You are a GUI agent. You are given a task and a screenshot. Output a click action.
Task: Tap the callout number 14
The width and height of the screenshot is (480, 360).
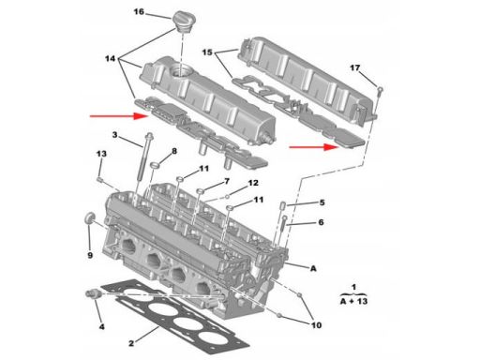point(110,58)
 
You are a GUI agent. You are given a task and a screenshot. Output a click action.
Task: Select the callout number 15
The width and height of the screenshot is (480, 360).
point(207,52)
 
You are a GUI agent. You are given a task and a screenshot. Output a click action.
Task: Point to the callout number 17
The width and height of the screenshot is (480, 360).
point(354,67)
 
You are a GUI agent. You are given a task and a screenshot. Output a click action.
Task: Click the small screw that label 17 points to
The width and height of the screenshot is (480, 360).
point(380,91)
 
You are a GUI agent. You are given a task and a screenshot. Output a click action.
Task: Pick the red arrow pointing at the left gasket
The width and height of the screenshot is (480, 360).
point(119,116)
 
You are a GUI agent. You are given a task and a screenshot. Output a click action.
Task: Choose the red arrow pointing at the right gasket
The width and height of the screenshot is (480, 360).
point(314,147)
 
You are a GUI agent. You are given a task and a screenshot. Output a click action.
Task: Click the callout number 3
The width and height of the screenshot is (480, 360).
point(114,135)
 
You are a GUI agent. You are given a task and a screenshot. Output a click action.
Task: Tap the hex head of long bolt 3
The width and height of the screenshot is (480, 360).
point(150,136)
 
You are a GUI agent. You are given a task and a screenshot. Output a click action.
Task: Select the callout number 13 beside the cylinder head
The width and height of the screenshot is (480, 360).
point(101,154)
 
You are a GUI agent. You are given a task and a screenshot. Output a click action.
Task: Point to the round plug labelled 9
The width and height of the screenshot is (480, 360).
point(90,217)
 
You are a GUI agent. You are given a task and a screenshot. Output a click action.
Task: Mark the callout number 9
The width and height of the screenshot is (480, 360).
point(90,255)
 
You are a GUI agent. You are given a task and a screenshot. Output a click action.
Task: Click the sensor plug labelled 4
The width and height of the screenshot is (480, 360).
point(93,294)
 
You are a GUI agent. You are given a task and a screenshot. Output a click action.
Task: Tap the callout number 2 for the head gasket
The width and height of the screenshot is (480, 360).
point(131,343)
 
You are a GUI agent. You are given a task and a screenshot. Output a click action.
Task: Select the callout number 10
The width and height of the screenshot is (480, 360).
point(316,325)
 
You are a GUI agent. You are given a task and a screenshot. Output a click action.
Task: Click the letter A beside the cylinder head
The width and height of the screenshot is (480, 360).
point(313,268)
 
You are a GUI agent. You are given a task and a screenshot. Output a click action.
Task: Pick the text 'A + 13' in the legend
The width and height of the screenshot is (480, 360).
point(353,302)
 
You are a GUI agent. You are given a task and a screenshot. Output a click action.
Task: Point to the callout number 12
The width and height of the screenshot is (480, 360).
point(253,183)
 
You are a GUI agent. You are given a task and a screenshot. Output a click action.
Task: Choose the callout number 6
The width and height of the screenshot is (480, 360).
point(321,222)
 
